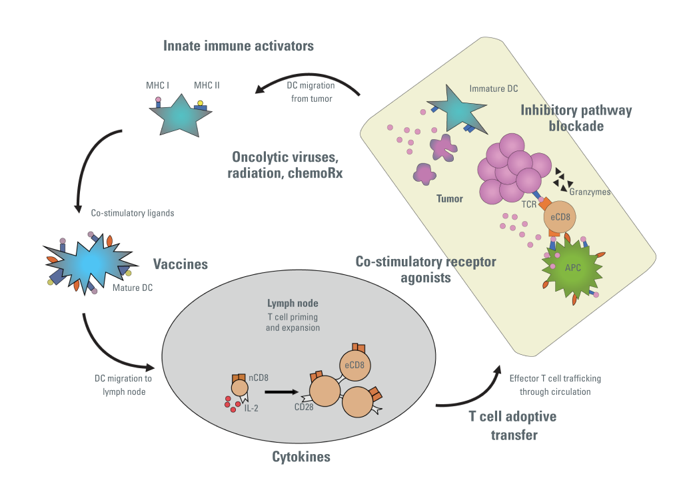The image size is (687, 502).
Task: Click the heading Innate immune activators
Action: coord(239,46)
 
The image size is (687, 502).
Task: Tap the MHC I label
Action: coord(157,85)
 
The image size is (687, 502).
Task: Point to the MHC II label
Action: coord(207,85)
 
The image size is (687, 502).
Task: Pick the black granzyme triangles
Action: coord(563,180)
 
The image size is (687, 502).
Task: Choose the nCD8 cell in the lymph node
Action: coord(240,387)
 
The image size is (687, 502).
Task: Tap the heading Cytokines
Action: coord(301,457)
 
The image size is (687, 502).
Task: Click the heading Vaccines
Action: coord(181,264)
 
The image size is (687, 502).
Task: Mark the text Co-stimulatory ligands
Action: coord(133,213)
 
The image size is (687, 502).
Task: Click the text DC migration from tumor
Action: coord(311,92)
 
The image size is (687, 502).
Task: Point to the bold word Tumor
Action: coord(449,198)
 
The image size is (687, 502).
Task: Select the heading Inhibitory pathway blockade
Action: coord(576,118)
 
